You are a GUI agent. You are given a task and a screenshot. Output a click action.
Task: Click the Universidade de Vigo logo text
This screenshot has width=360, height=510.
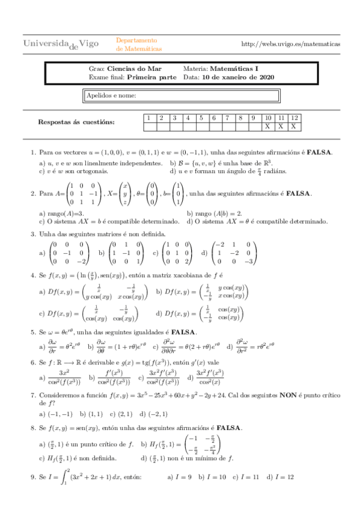[61, 44]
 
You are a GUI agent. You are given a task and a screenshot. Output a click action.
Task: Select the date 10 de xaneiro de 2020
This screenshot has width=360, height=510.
[239, 77]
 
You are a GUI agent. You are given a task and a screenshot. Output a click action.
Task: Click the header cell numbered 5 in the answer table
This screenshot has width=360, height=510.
[201, 118]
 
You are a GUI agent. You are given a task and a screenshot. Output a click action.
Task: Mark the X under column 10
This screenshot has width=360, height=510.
[268, 126]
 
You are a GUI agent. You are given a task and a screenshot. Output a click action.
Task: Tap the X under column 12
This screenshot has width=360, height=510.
[293, 126]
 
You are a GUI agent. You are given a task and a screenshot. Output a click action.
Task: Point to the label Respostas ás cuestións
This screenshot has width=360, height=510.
[76, 122]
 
